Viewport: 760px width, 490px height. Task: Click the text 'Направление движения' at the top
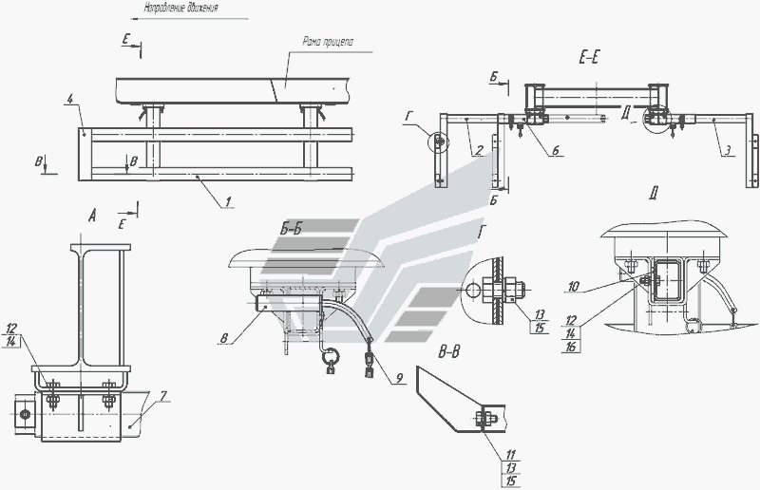click(180, 8)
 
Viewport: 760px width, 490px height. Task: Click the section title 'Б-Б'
click(294, 229)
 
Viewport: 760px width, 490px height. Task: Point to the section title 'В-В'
click(450, 353)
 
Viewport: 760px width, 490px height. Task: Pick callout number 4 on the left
click(69, 98)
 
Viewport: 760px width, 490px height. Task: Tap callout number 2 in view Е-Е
click(479, 149)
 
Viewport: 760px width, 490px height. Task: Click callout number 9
click(400, 379)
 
